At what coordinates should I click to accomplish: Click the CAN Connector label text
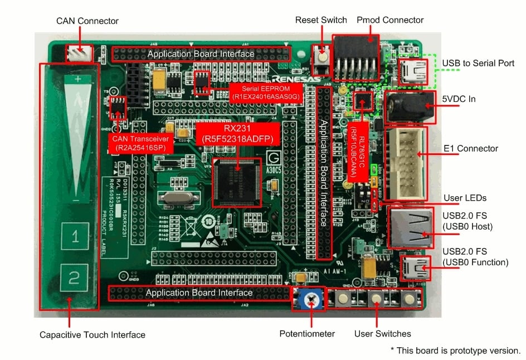click(87, 21)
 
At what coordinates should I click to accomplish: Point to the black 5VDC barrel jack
click(411, 106)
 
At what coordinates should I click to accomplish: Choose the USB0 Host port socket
click(409, 227)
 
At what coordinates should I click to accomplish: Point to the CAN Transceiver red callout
click(141, 143)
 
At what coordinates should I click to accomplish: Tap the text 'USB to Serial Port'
click(478, 63)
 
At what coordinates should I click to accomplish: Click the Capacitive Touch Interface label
click(92, 335)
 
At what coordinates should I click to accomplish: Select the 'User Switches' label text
click(382, 334)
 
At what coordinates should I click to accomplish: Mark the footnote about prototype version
click(455, 351)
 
